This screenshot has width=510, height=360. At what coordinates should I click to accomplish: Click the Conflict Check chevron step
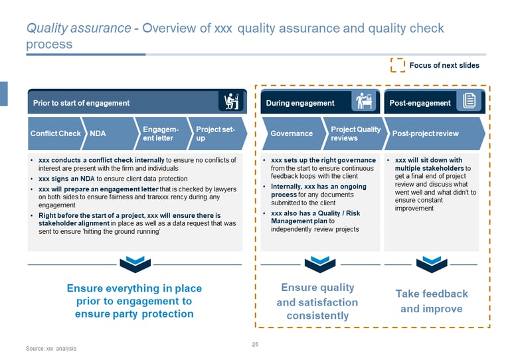pyautogui.click(x=55, y=134)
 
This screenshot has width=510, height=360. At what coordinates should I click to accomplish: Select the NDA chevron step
pyautogui.click(x=106, y=134)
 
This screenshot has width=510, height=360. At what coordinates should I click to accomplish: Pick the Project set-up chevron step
pyautogui.click(x=215, y=134)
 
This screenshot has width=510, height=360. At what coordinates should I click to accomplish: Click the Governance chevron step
pyautogui.click(x=292, y=134)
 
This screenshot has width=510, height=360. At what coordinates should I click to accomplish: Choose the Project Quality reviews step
pyautogui.click(x=355, y=134)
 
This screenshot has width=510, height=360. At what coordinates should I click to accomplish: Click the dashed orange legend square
pyautogui.click(x=398, y=64)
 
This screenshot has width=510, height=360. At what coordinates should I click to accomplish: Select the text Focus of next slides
pyautogui.click(x=444, y=65)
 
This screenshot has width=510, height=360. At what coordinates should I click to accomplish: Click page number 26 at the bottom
pyautogui.click(x=255, y=344)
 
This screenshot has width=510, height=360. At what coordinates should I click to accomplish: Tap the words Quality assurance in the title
pyautogui.click(x=78, y=29)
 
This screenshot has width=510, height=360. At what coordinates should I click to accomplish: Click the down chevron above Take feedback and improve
pyautogui.click(x=431, y=264)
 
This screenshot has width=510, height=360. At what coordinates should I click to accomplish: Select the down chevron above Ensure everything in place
pyautogui.click(x=135, y=264)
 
